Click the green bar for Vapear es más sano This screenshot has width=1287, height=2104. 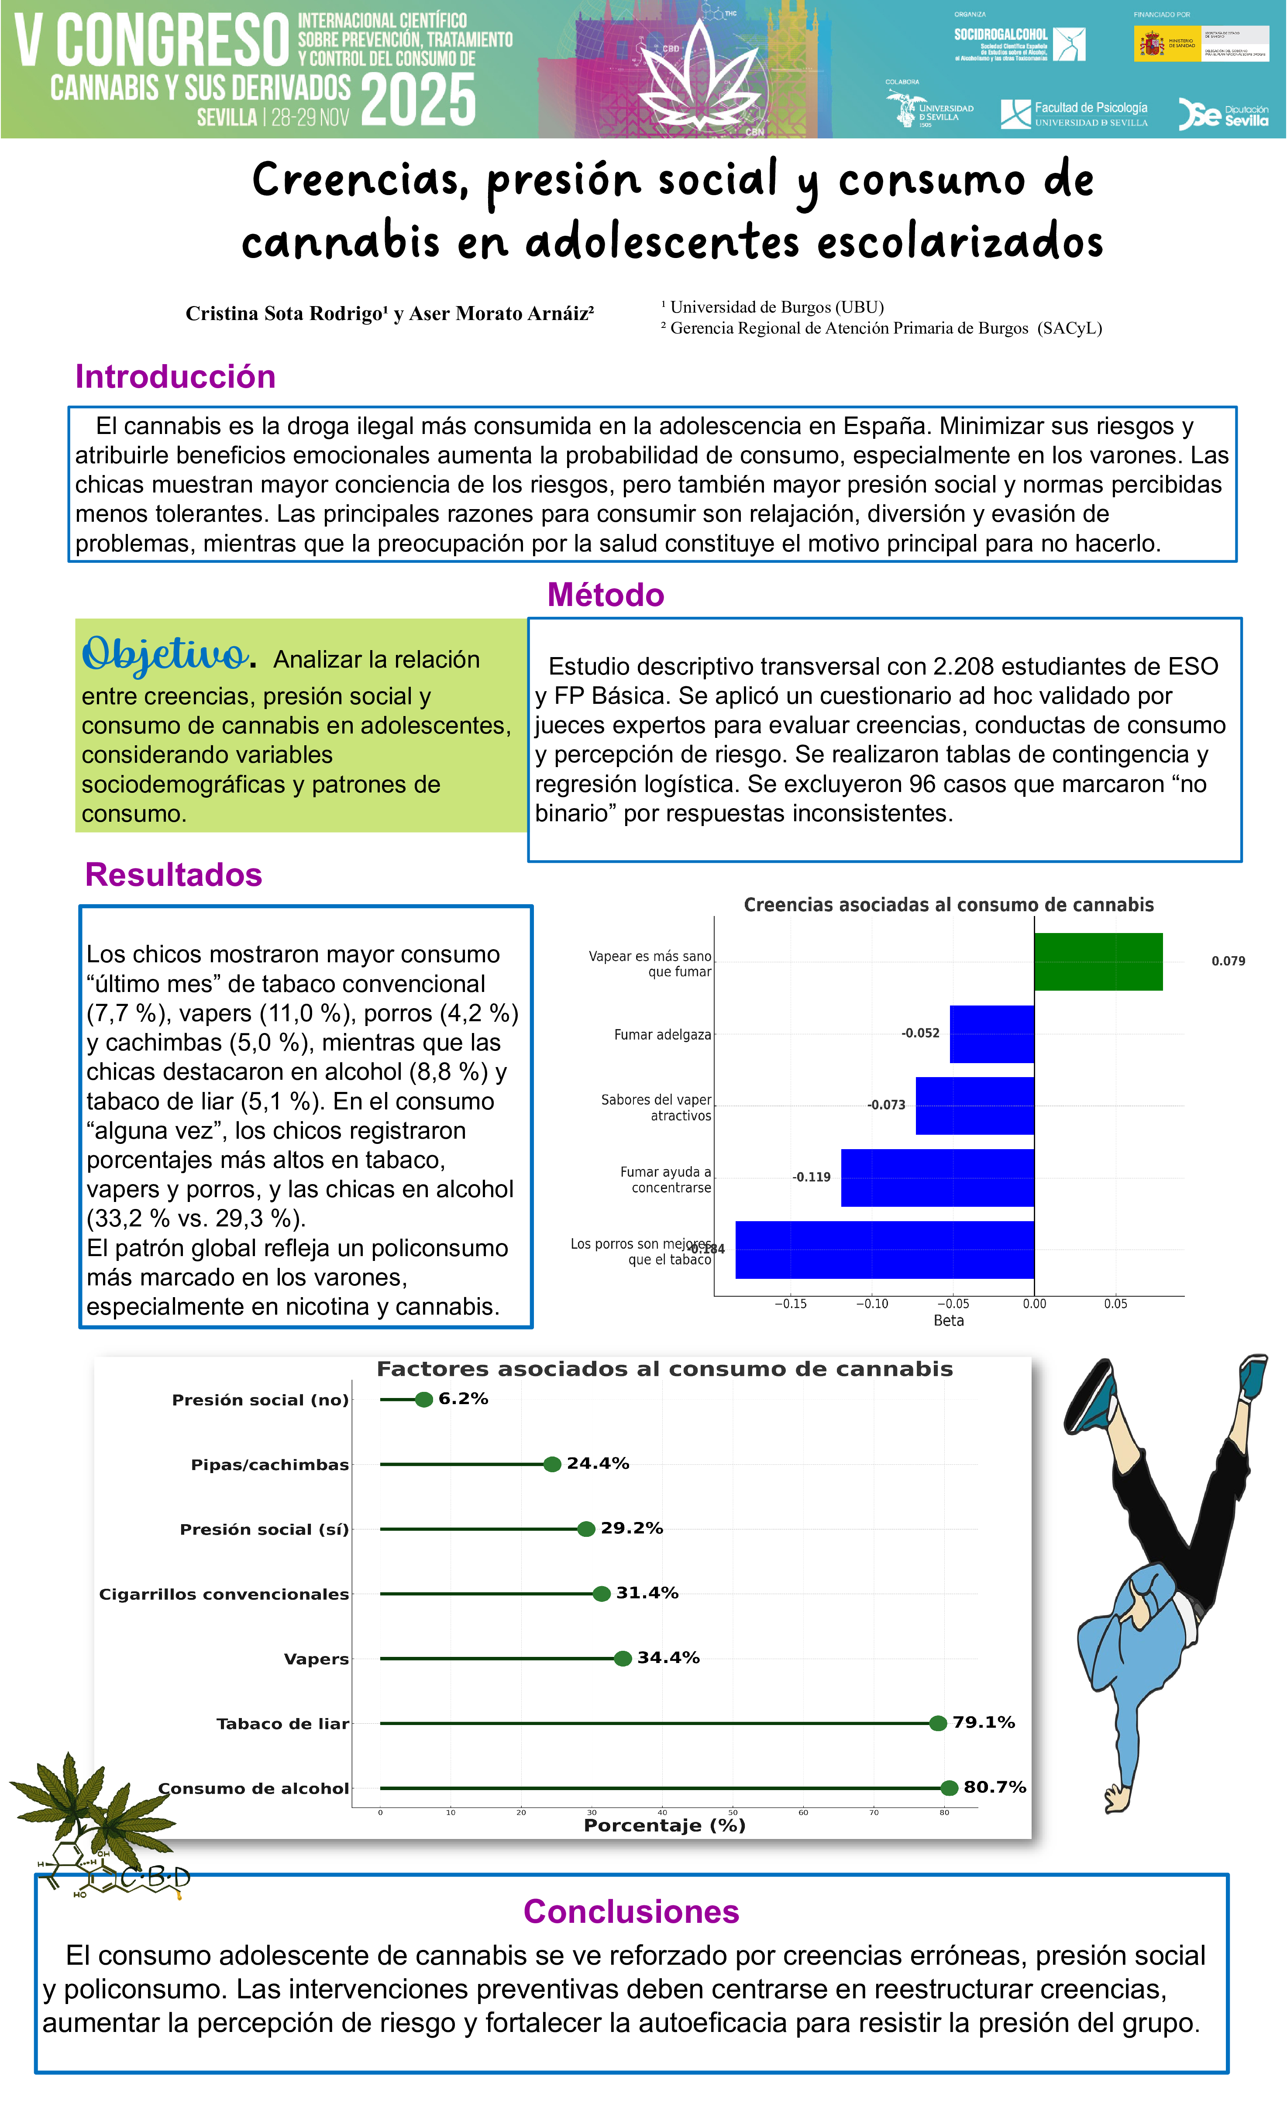[x=1098, y=961]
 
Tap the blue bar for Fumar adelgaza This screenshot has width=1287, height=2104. [x=991, y=1034]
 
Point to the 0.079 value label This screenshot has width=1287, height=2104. [x=1228, y=961]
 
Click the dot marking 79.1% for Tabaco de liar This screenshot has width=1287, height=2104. [x=938, y=1723]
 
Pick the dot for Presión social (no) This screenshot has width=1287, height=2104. [x=423, y=1399]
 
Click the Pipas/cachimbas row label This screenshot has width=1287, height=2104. [x=270, y=1465]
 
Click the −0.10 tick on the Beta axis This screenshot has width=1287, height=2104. [x=872, y=1304]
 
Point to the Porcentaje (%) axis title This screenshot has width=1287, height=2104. [x=664, y=1825]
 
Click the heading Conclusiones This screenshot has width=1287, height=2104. [x=631, y=1912]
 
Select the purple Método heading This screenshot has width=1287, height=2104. [x=606, y=595]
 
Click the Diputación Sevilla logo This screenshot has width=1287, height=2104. [x=1223, y=114]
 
